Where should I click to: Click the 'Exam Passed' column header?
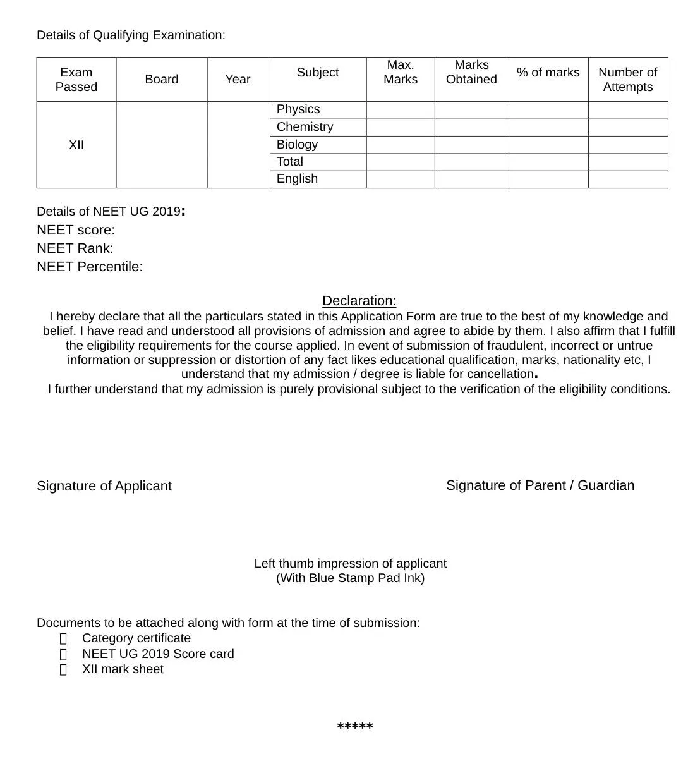pyautogui.click(x=76, y=80)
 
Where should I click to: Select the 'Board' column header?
pyautogui.click(x=162, y=80)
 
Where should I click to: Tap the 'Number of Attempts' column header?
pyautogui.click(x=627, y=80)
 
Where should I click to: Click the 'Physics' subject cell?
pyautogui.click(x=298, y=109)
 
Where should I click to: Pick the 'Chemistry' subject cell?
pyautogui.click(x=305, y=127)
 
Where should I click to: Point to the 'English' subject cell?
pyautogui.click(x=297, y=179)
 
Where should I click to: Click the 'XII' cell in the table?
pyautogui.click(x=76, y=145)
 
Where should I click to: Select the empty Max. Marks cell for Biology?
pyautogui.click(x=401, y=145)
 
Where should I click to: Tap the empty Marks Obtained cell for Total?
pyautogui.click(x=471, y=162)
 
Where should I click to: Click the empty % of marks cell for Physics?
pyautogui.click(x=548, y=110)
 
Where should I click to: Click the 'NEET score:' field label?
pyautogui.click(x=76, y=230)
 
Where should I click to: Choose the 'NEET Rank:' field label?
pyautogui.click(x=75, y=248)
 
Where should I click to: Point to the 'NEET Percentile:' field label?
pyautogui.click(x=90, y=267)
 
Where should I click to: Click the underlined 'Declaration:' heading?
pyautogui.click(x=359, y=301)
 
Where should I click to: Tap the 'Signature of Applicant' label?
pyautogui.click(x=104, y=486)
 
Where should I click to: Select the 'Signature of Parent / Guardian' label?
pyautogui.click(x=540, y=485)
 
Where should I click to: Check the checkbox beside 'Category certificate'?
pyautogui.click(x=63, y=639)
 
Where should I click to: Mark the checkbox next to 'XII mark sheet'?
pyautogui.click(x=63, y=670)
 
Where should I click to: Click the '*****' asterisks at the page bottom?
pyautogui.click(x=355, y=727)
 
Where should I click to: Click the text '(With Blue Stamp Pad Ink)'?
pyautogui.click(x=350, y=578)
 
